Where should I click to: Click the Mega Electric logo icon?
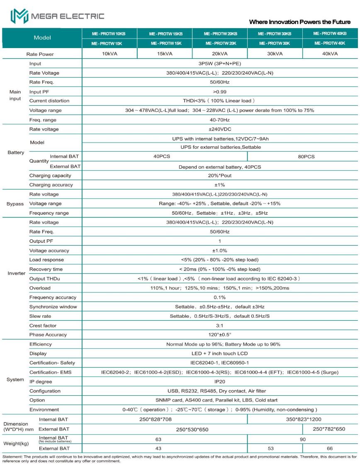[19, 17]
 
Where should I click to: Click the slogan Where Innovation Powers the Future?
[299, 22]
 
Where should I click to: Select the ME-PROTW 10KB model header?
[109, 34]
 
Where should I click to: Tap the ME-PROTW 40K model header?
[330, 43]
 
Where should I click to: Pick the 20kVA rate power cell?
[219, 54]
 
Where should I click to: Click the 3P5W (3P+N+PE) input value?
[219, 64]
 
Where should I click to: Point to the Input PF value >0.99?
[219, 92]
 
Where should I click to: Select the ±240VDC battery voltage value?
[219, 129]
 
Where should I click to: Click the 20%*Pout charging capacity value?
[219, 176]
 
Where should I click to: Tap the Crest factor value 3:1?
[219, 326]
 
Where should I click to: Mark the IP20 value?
[219, 382]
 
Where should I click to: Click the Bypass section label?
[15, 204]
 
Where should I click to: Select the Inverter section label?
[17, 274]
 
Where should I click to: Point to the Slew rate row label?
[40, 316]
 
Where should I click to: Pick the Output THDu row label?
[44, 279]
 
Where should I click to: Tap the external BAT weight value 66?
[330, 448]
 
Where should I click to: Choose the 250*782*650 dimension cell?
[330, 429]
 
